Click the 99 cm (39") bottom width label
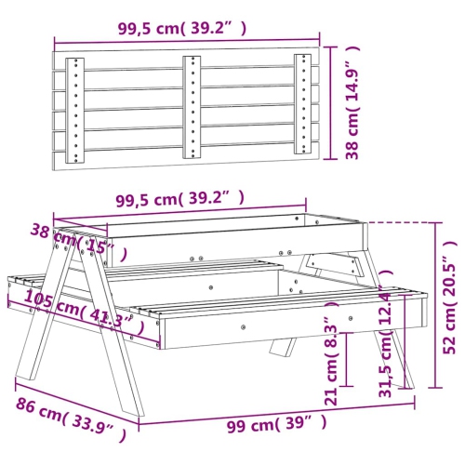coord(277,424)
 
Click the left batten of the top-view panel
coord(75,110)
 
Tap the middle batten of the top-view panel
coord(191,102)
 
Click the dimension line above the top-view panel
coord(186,42)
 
